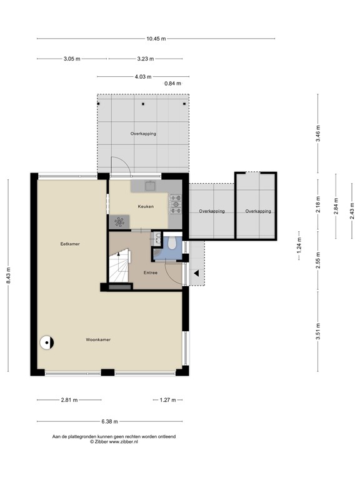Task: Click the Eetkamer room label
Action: (x=69, y=244)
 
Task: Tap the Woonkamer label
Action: (x=98, y=339)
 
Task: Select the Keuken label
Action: (x=146, y=206)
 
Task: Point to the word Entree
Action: (x=150, y=272)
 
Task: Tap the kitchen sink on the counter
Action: (x=150, y=186)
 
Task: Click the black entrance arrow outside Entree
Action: (x=196, y=273)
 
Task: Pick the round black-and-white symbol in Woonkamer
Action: (x=47, y=342)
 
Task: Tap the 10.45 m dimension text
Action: (x=156, y=39)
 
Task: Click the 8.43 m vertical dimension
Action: (x=9, y=274)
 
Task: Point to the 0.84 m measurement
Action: (x=172, y=83)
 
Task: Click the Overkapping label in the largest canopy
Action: (x=143, y=134)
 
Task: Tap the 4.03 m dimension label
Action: (x=142, y=77)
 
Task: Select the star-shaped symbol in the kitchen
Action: (x=119, y=221)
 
